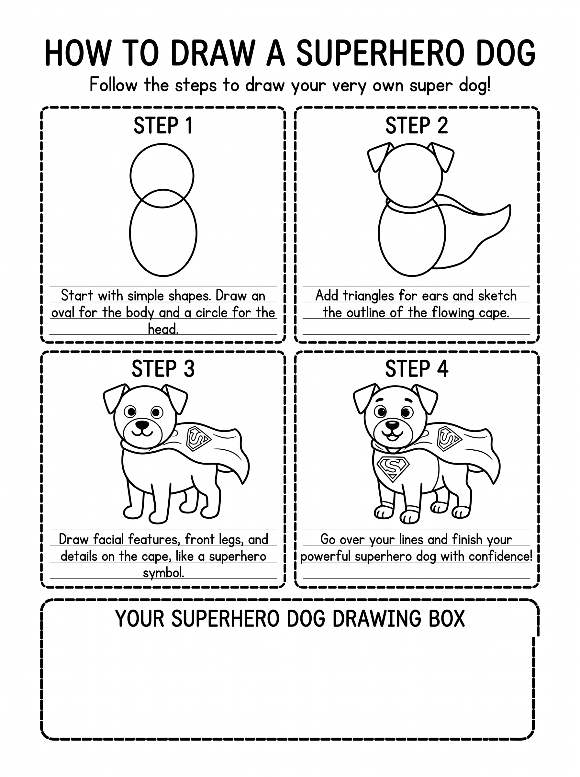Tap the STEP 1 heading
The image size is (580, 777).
[x=163, y=126]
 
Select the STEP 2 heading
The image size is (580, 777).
[x=417, y=126]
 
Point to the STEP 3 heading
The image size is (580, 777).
[x=163, y=369]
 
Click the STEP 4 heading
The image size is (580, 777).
[x=417, y=369]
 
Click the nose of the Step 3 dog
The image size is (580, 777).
[x=142, y=425]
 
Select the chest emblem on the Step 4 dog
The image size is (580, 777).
[x=393, y=468]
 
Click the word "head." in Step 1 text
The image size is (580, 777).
[x=163, y=329]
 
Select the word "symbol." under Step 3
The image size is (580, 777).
[x=163, y=573]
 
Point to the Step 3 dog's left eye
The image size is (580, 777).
[x=131, y=411]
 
